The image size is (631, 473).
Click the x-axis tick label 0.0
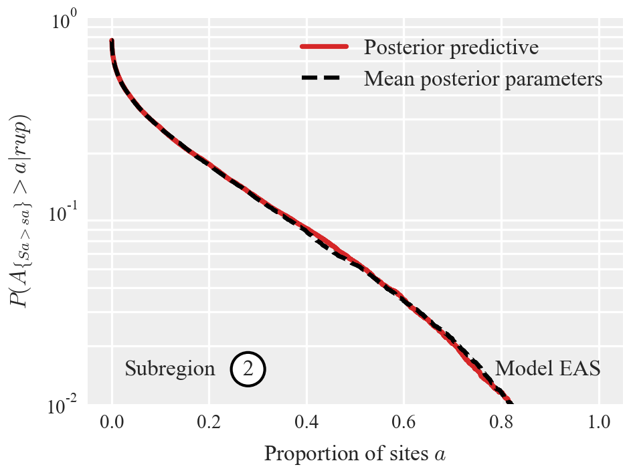(x=112, y=423)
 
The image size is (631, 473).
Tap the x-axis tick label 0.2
(x=209, y=423)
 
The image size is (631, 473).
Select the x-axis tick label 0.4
(x=307, y=423)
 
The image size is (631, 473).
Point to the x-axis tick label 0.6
(x=404, y=423)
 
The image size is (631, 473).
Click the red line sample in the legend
(x=324, y=47)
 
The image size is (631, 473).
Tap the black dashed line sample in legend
(x=324, y=78)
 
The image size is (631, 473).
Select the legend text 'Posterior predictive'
(x=451, y=47)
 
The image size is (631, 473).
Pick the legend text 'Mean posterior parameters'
(x=483, y=78)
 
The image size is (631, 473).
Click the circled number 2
(x=248, y=369)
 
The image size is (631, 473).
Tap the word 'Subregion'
(x=170, y=369)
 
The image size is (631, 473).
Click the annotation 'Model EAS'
(x=547, y=369)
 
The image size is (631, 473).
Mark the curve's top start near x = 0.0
(x=112, y=41)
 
